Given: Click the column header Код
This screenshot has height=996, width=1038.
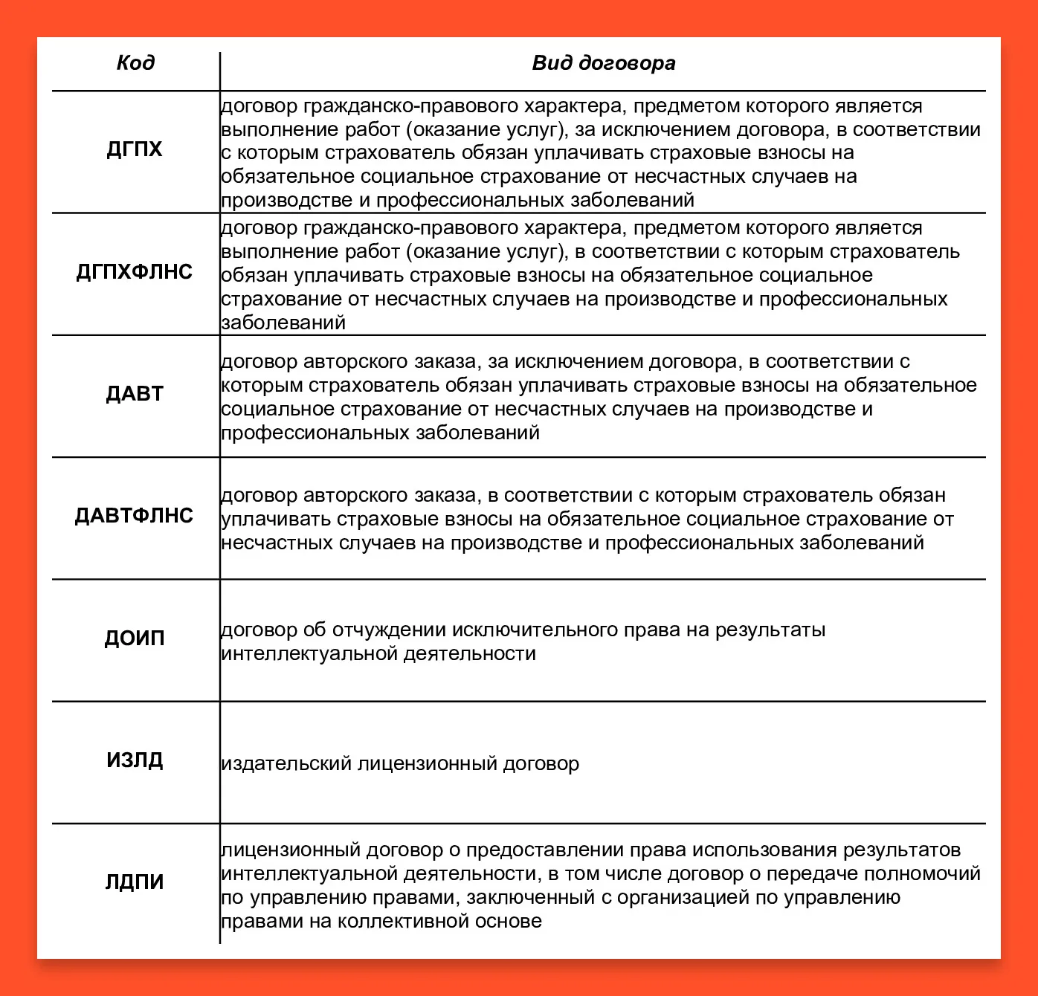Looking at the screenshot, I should [x=135, y=62].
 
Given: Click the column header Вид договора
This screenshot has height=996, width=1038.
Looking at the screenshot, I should [x=603, y=63].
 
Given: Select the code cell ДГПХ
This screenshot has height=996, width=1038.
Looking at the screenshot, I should [x=135, y=149].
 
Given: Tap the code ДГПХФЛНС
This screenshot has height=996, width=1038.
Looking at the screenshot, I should [x=135, y=272].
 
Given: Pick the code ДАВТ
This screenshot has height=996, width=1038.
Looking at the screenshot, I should [x=135, y=394].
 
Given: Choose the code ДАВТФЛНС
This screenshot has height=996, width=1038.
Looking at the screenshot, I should [x=135, y=516].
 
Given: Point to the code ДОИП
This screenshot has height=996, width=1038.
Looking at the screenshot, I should [x=135, y=638].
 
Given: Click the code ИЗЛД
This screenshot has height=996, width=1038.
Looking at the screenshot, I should [x=135, y=760].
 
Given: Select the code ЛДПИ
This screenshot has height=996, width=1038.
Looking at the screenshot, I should [x=135, y=882].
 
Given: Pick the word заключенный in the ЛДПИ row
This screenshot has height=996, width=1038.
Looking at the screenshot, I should [x=531, y=898].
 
